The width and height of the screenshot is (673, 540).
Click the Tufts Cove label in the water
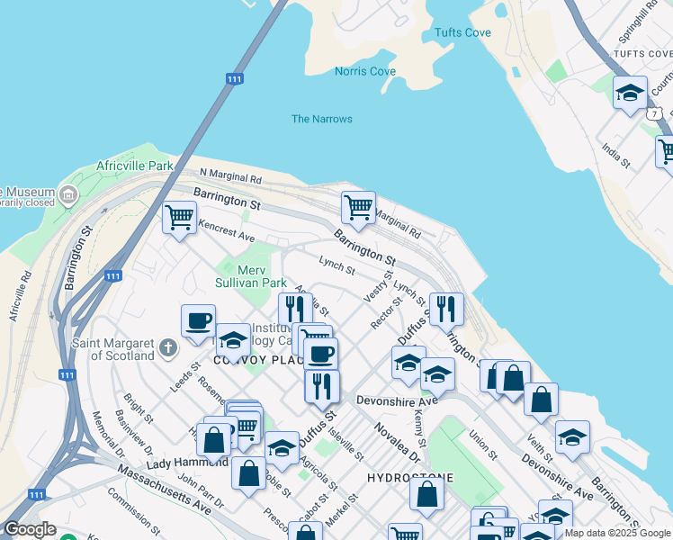tap(462, 32)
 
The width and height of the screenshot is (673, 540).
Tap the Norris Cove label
tap(364, 71)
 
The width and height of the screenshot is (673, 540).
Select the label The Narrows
tap(321, 119)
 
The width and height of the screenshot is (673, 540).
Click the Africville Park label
tap(135, 166)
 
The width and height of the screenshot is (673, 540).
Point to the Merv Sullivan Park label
tap(249, 276)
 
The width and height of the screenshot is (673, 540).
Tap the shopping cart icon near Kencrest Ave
tap(179, 218)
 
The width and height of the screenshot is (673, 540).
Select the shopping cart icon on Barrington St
tap(358, 208)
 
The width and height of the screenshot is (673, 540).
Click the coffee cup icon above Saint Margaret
tap(198, 321)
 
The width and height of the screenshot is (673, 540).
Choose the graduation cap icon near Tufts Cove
tap(630, 93)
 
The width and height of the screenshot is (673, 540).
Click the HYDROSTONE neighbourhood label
tap(410, 477)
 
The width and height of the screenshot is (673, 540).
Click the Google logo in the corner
tap(30, 529)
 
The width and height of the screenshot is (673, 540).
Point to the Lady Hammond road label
tap(187, 463)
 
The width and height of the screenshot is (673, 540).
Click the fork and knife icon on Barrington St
tap(446, 309)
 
